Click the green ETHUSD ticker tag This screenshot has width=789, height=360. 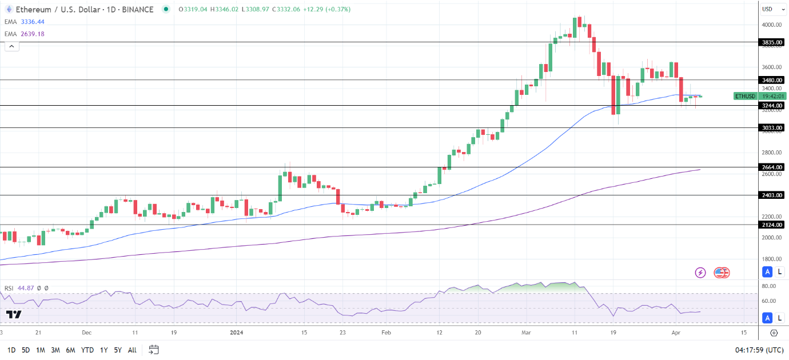746,96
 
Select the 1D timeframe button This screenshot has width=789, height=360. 11,350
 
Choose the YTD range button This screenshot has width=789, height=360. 87,350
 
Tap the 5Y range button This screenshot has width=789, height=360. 117,350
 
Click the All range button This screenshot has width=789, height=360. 132,350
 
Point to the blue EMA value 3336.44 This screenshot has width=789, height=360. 33,22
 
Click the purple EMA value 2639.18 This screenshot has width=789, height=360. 33,34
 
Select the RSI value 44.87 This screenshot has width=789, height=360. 28,289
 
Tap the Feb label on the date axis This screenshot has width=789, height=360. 386,332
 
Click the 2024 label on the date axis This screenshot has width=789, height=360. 237,332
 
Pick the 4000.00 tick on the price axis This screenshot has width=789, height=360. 771,25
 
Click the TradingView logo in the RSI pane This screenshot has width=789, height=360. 14,314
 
